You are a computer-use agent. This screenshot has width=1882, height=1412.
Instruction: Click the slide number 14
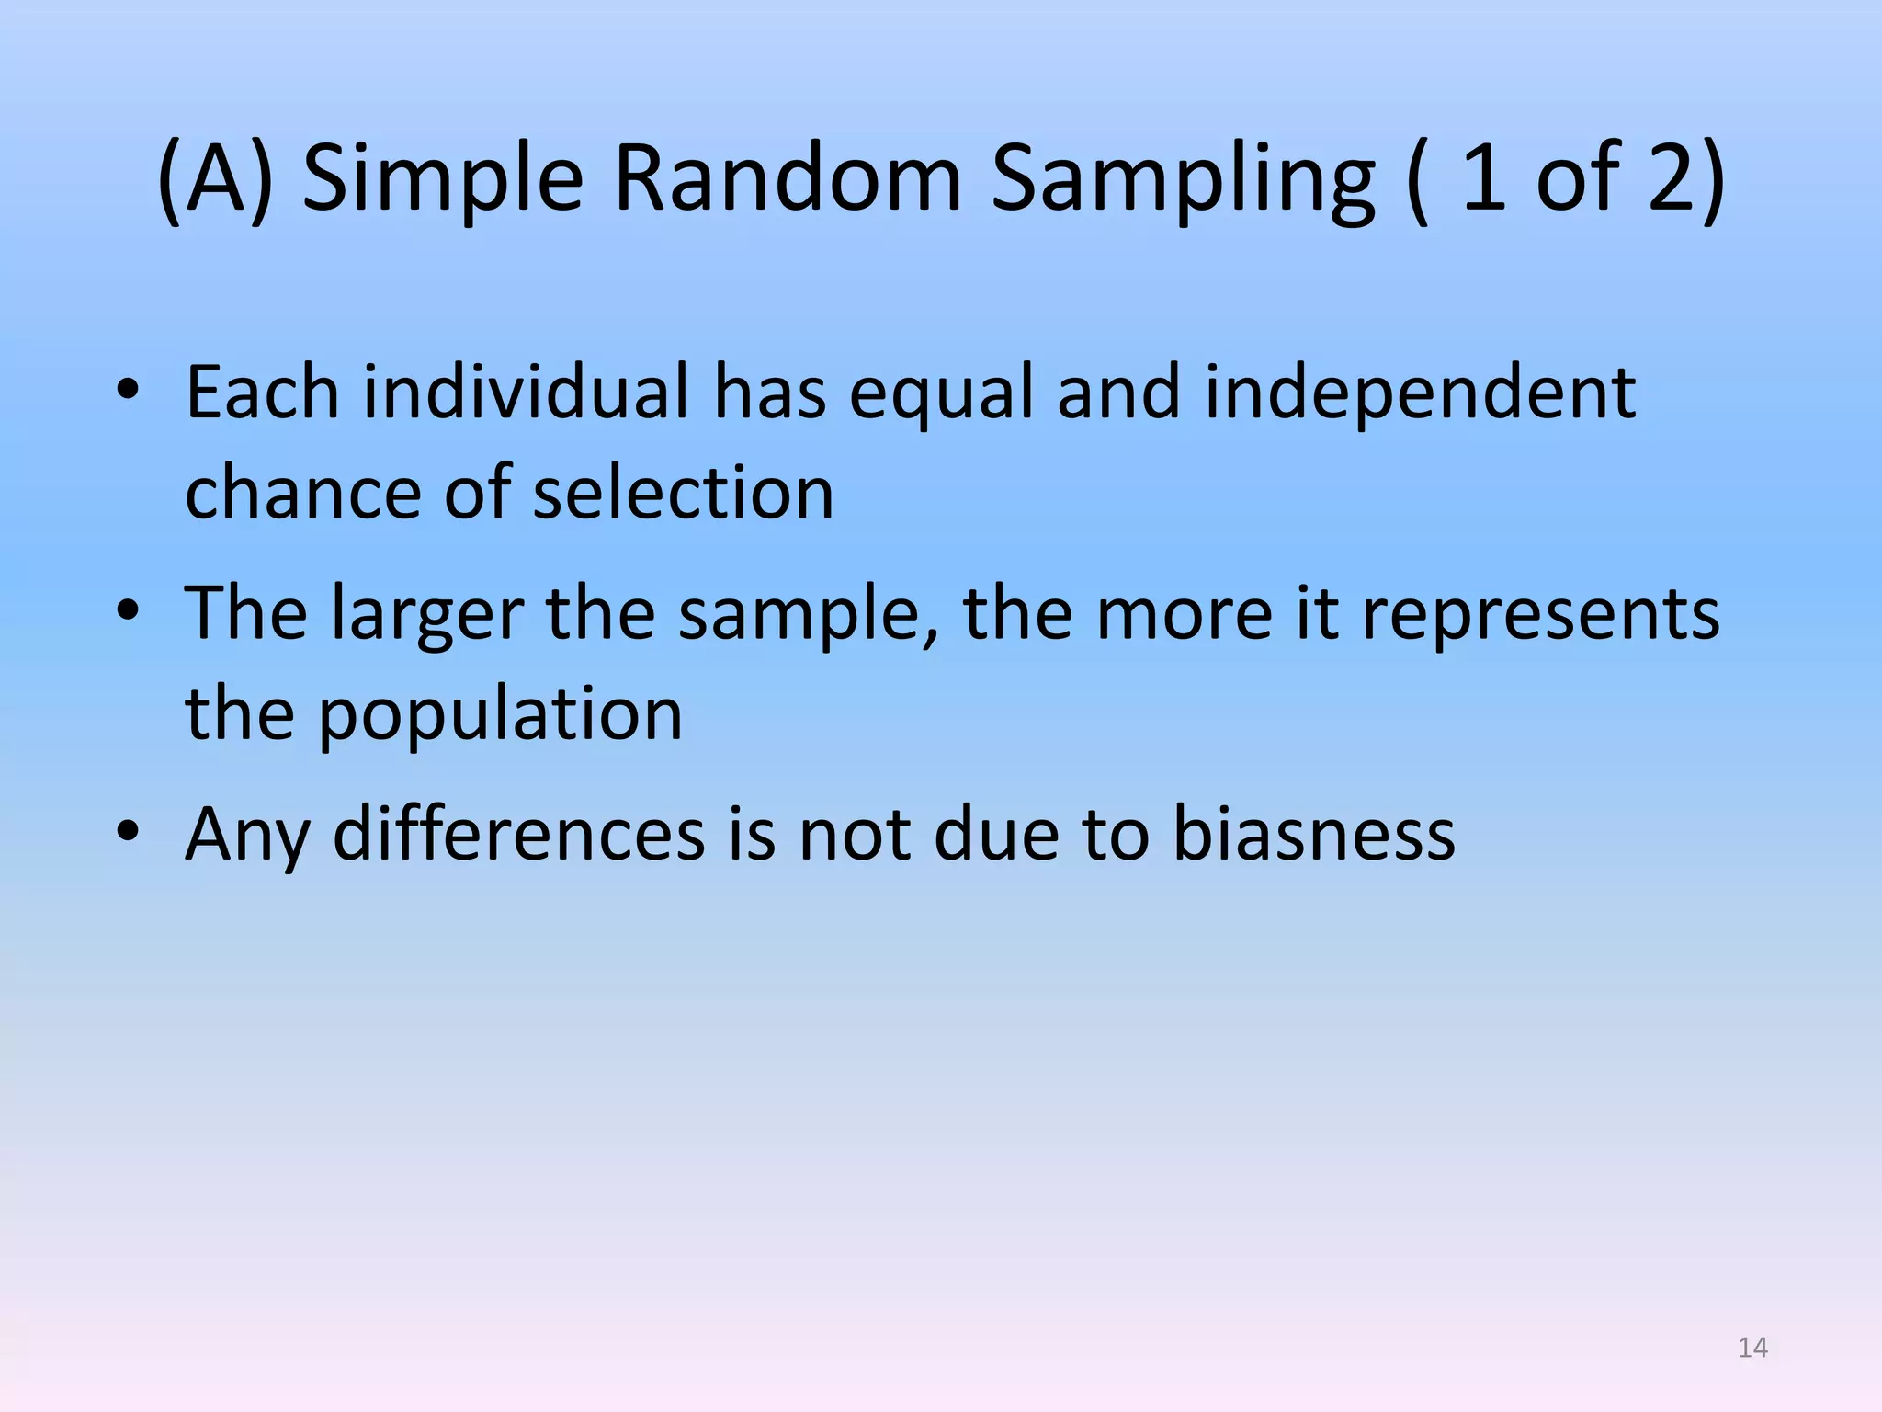[x=1752, y=1348]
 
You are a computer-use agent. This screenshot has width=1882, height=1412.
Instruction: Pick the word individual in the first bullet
[x=527, y=393]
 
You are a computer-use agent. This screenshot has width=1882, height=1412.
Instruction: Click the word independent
[x=1420, y=393]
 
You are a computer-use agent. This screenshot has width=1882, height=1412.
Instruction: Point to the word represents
[x=1540, y=613]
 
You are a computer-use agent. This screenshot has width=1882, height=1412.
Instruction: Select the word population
[x=500, y=714]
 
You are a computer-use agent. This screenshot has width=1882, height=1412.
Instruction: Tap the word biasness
[x=1314, y=834]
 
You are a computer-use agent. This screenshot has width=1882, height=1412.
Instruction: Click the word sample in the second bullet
[x=808, y=613]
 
